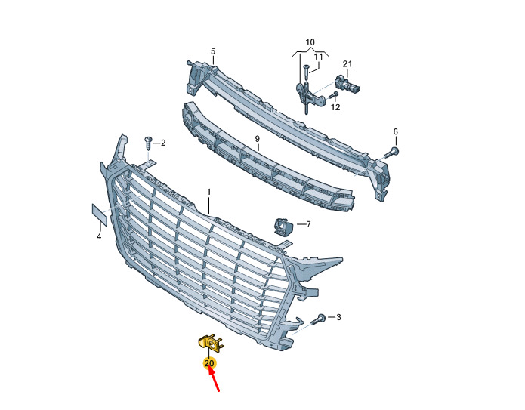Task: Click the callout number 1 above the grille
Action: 209,192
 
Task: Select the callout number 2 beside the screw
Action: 163,143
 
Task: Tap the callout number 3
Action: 338,317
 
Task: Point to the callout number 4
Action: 99,236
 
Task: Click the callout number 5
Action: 213,51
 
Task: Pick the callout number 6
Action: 395,131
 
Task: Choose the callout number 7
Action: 308,224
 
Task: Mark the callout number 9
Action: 257,139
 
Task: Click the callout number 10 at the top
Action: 310,42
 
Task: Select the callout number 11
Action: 319,57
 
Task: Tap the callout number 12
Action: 335,107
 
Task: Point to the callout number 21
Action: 347,63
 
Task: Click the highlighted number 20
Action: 209,363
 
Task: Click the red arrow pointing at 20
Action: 215,379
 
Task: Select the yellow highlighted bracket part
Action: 210,343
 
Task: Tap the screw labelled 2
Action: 147,143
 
